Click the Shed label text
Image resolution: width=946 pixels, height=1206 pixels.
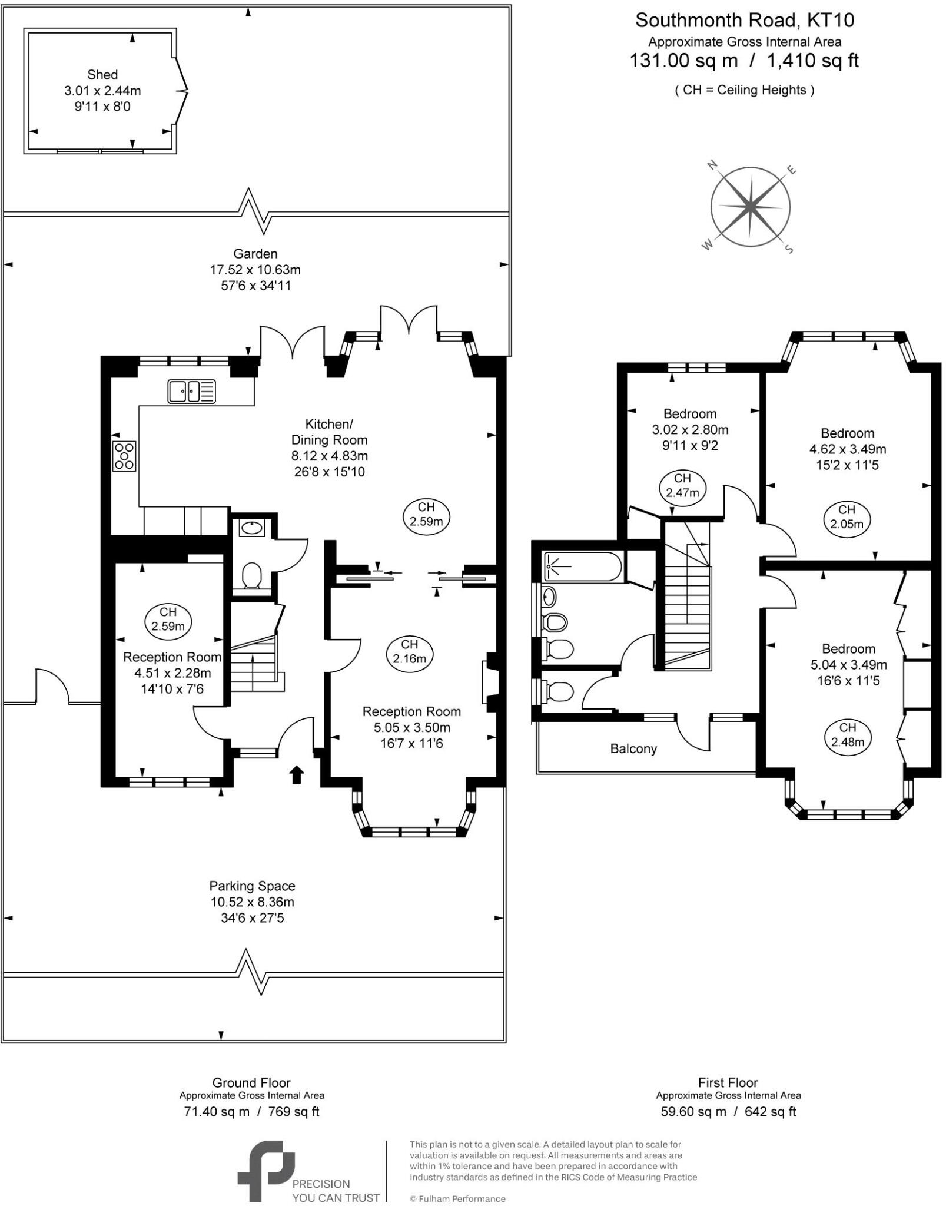[102, 75]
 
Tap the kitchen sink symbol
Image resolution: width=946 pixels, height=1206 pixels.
[192, 392]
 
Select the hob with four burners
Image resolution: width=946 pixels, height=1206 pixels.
[124, 456]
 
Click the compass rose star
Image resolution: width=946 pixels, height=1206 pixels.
[751, 207]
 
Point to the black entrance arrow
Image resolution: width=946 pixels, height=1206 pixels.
[297, 774]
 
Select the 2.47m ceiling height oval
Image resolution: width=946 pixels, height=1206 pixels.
[682, 486]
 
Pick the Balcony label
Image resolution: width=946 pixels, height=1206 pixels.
[633, 749]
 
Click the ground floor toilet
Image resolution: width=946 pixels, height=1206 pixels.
[253, 575]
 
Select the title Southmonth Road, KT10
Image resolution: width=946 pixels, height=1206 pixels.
[745, 21]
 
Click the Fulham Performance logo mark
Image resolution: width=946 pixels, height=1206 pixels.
[266, 1171]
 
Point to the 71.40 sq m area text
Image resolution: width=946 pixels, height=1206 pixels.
[215, 1112]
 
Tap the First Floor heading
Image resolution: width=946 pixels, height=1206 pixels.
[728, 1082]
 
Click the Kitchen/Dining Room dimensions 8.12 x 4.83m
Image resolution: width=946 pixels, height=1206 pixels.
[330, 456]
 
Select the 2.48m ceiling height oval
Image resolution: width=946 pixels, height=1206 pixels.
[848, 735]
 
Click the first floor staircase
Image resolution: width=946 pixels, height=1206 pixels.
[688, 595]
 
